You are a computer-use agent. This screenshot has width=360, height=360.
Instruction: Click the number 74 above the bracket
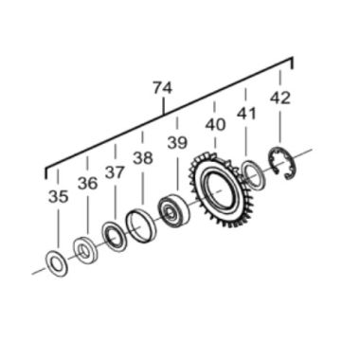(x=162, y=88)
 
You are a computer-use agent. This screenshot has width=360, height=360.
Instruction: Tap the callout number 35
(x=58, y=196)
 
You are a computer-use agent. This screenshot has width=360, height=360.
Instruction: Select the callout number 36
(x=88, y=184)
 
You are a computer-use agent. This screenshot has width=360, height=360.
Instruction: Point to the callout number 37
(x=115, y=172)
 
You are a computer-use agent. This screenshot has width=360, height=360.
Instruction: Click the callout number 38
(x=143, y=158)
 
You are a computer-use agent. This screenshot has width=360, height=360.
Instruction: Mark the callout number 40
(x=216, y=124)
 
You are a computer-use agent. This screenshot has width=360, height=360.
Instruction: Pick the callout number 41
(x=246, y=113)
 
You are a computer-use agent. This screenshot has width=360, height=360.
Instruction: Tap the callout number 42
(x=280, y=98)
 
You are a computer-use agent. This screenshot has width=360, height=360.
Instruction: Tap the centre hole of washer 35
(x=55, y=262)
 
